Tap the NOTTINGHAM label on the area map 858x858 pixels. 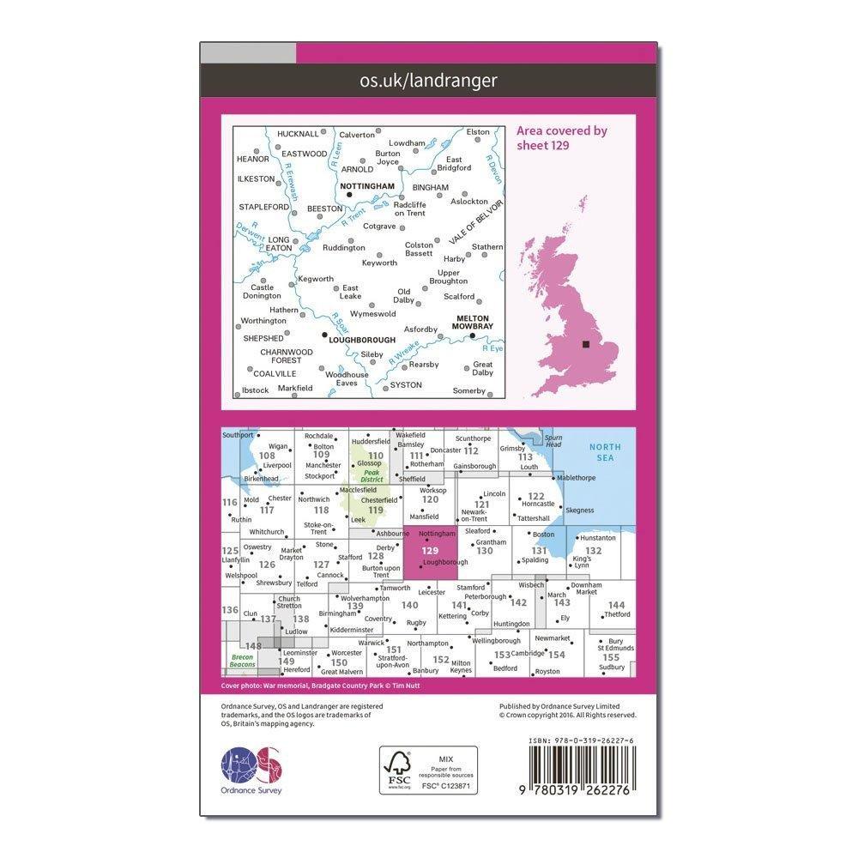pos(366,185)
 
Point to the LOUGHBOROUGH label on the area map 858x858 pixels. pos(363,340)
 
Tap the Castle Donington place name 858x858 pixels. pos(262,292)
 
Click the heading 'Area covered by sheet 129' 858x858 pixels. pos(561,137)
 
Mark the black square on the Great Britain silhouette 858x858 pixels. pos(586,344)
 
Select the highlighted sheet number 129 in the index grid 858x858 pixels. pos(431,551)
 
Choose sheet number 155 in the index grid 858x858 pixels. pos(610,656)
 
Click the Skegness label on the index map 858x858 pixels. pos(579,510)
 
